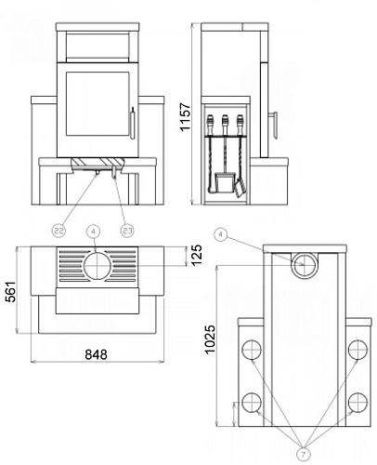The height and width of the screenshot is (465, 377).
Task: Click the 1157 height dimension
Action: coord(186,117)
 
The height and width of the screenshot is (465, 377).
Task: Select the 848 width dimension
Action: coord(97,354)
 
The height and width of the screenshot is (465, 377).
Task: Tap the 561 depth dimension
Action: coord(10,292)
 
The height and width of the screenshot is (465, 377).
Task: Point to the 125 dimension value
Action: coord(196,255)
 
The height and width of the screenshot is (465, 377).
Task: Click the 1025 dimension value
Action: coord(210,339)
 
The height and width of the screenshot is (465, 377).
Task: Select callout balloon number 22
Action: coord(59,231)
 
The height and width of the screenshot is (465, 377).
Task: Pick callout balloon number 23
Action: coord(127,231)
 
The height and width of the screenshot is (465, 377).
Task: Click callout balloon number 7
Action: coord(304,455)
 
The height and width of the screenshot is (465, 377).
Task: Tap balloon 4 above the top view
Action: coord(94,231)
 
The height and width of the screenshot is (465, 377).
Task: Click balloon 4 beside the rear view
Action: coord(220,234)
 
